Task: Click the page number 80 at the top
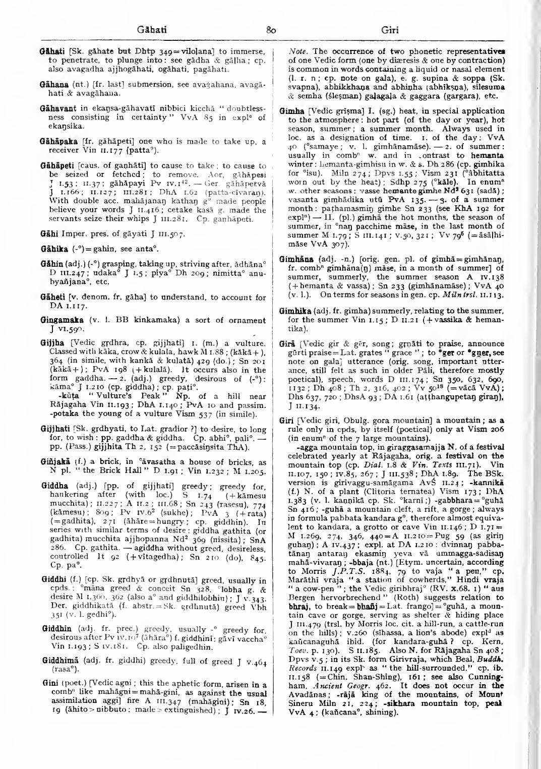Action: [270, 30]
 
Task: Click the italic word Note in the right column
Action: [296, 51]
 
